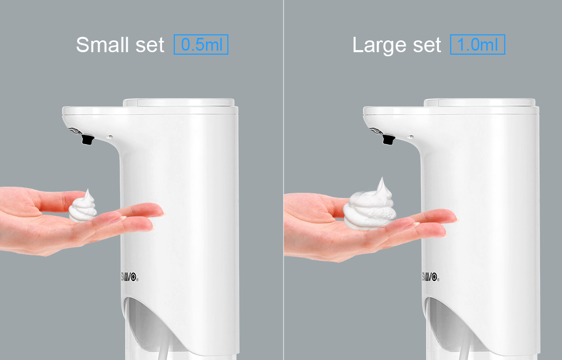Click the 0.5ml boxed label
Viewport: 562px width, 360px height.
click(201, 44)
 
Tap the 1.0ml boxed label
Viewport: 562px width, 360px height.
click(477, 44)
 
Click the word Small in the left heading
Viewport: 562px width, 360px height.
click(103, 45)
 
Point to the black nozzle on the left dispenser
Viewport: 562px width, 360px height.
click(87, 139)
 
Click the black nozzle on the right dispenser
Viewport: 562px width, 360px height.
click(388, 139)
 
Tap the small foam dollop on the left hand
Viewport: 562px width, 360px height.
click(83, 207)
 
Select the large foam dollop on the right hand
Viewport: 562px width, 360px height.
click(369, 205)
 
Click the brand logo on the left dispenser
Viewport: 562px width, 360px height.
click(129, 277)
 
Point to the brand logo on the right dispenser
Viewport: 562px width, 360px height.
click(430, 277)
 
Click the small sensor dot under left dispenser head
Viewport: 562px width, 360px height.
click(110, 137)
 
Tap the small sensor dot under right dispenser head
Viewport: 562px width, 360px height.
click(411, 137)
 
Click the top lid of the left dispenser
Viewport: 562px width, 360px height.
click(179, 103)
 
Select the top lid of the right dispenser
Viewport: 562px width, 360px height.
click(480, 103)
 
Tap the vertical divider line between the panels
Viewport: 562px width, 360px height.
click(284, 180)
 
